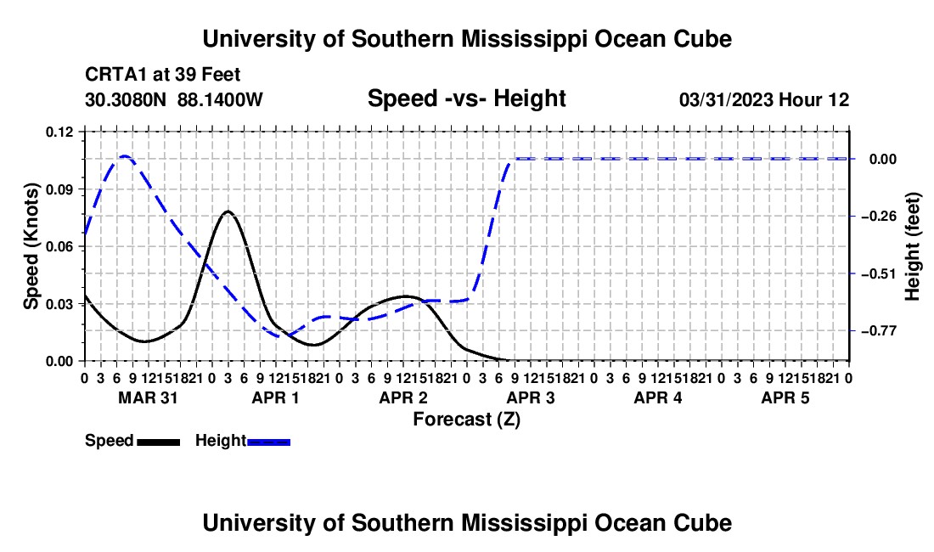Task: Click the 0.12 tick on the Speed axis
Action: (59, 132)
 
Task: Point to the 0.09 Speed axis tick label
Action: (59, 190)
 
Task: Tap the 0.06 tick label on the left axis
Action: (59, 247)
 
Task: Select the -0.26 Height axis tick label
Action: (878, 217)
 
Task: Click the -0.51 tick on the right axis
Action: (878, 274)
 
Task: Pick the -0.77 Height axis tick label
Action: (878, 331)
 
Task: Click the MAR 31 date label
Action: (148, 397)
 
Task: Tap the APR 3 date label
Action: (530, 397)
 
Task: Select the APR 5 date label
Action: (785, 397)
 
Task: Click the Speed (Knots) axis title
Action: (31, 246)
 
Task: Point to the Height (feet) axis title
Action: (913, 246)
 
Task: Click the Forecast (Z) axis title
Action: (466, 420)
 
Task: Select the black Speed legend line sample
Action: (159, 442)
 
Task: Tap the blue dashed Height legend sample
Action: (268, 442)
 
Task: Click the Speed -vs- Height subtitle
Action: (466, 99)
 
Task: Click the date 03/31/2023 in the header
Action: (726, 99)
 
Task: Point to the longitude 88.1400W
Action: (220, 99)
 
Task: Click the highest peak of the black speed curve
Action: (228, 211)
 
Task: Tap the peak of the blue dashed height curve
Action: (125, 156)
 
